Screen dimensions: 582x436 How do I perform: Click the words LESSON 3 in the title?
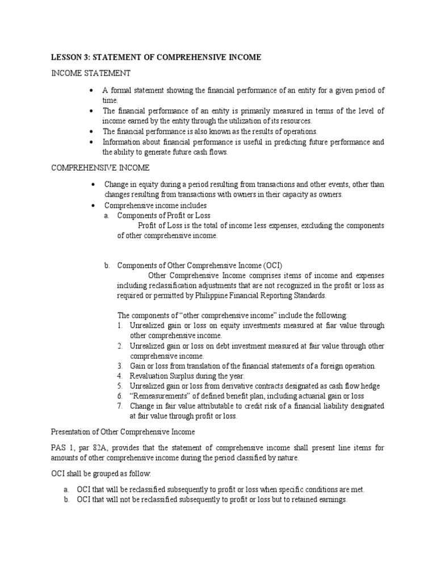point(69,58)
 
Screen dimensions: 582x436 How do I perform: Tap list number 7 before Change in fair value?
point(120,406)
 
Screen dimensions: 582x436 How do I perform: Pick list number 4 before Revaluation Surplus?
point(120,376)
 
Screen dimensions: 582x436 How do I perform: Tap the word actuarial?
point(308,396)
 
